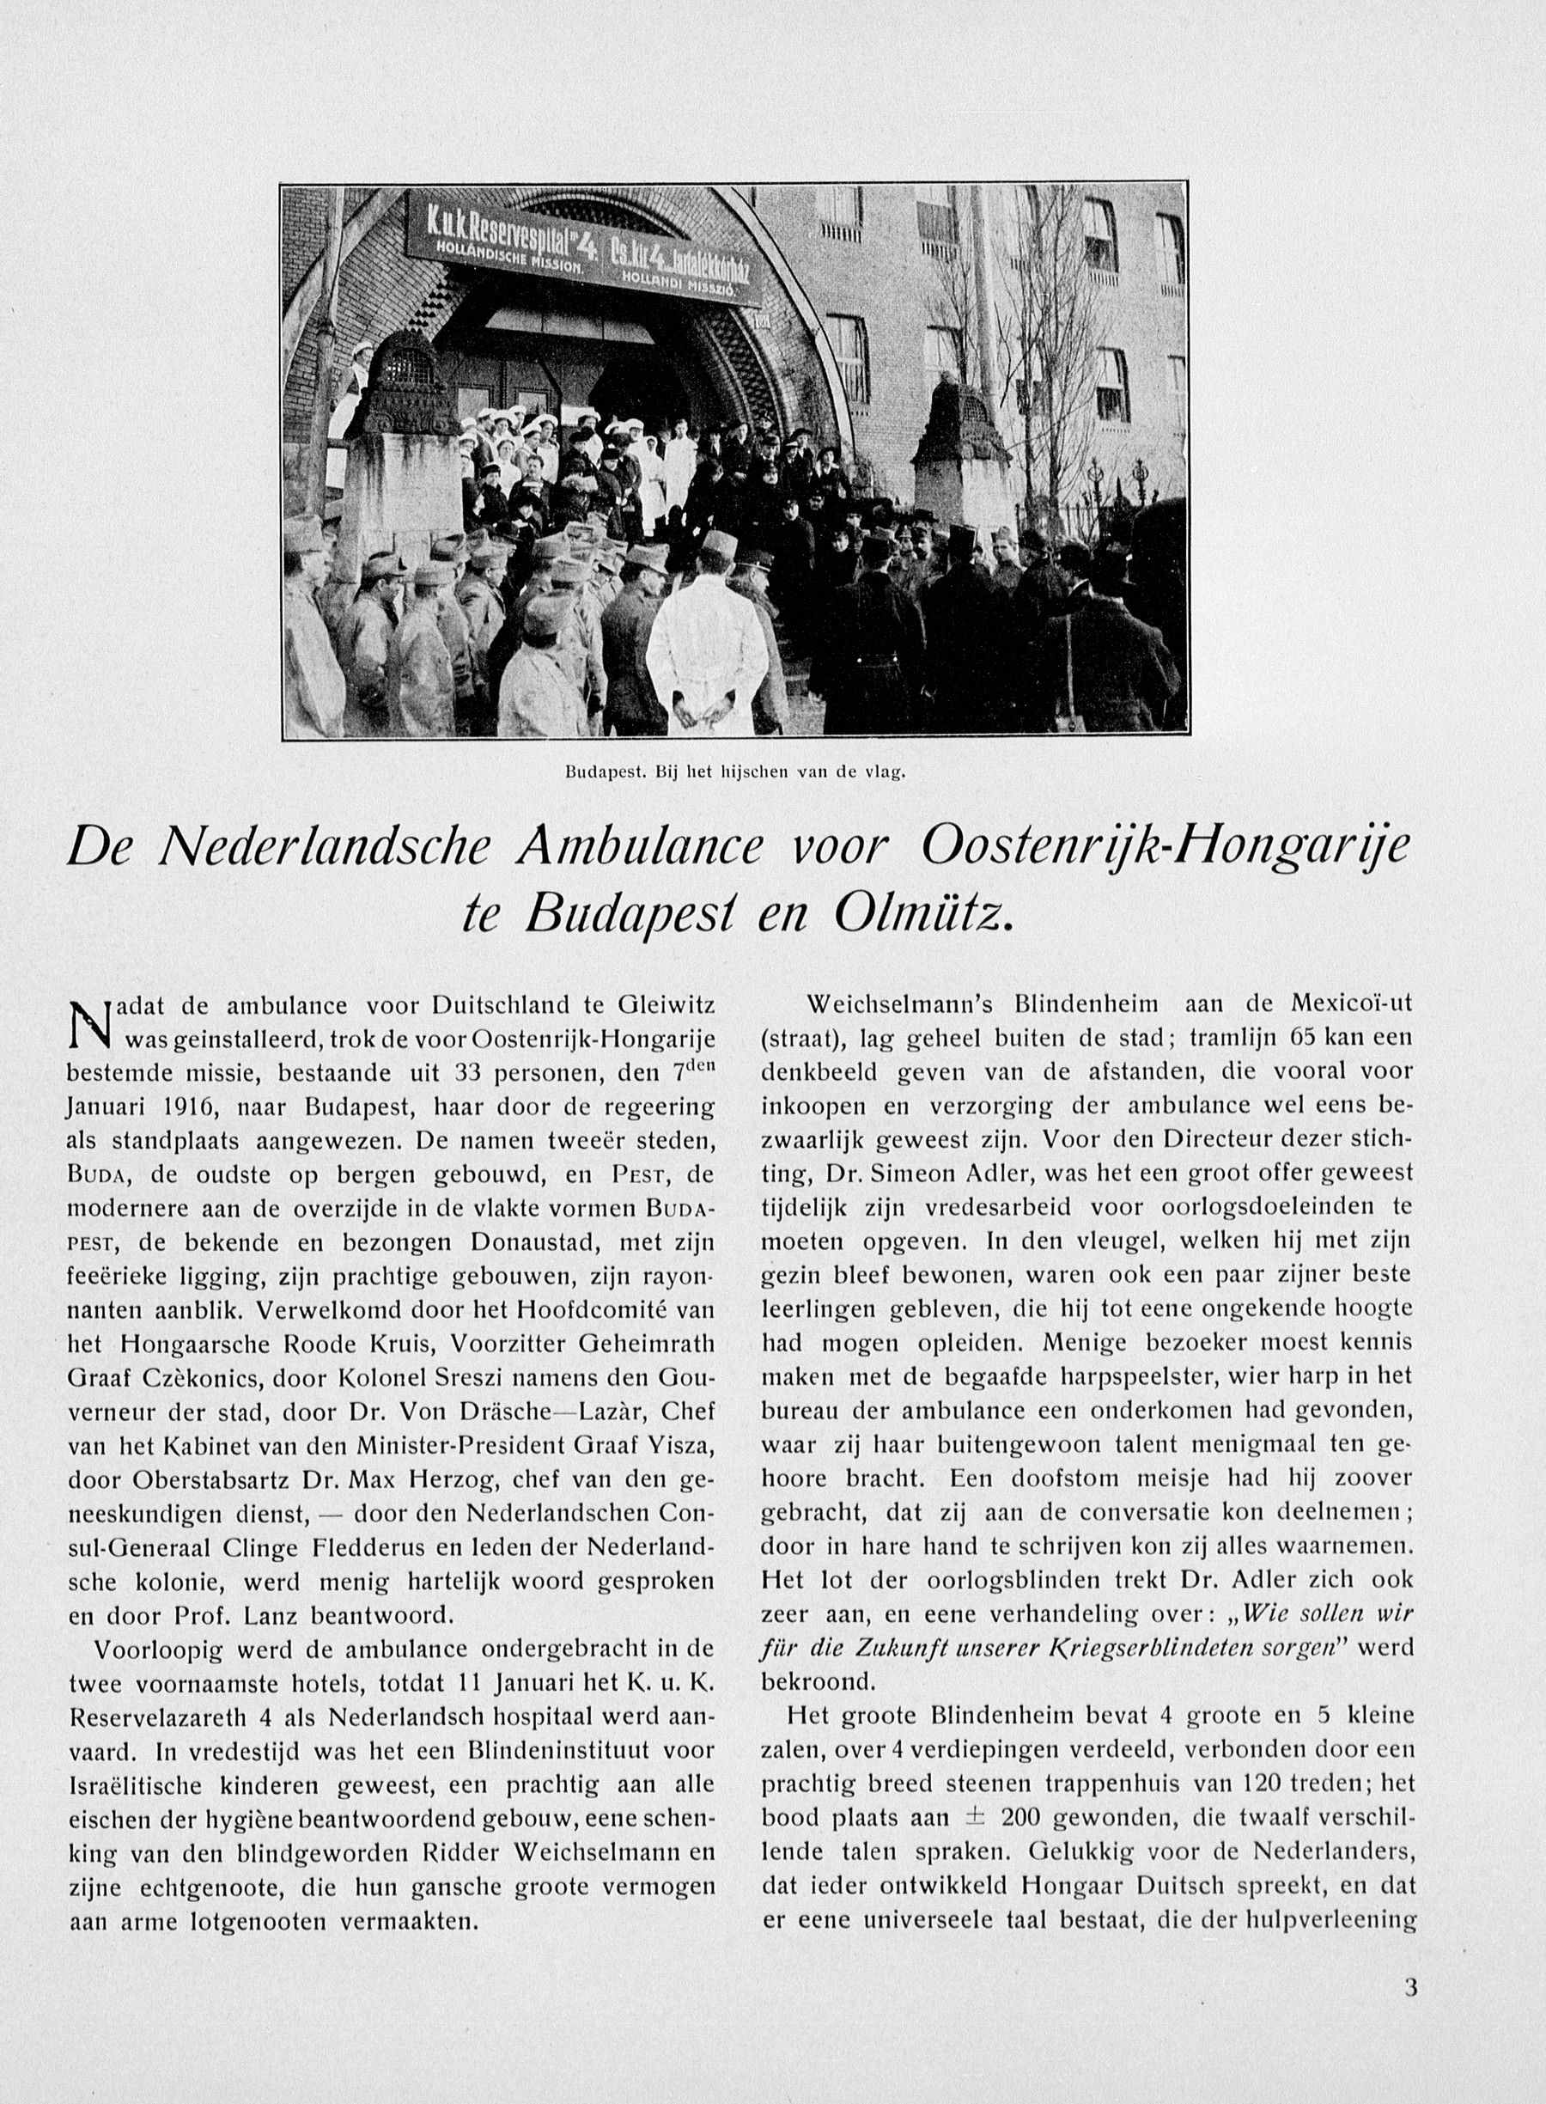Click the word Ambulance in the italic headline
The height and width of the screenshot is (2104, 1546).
click(x=641, y=848)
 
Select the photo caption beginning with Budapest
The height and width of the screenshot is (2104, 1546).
click(x=734, y=773)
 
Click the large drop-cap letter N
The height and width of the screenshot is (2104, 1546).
click(x=91, y=1026)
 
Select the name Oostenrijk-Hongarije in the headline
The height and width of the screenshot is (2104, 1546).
click(x=1163, y=848)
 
